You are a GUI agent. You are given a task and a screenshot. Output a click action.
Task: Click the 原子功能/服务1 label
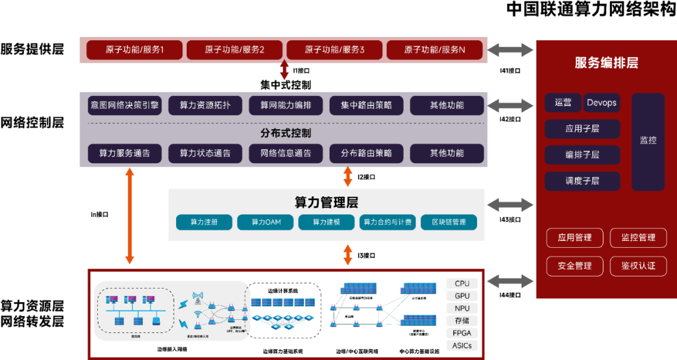click(x=134, y=50)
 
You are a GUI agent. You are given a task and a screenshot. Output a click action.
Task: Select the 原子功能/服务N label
click(x=434, y=50)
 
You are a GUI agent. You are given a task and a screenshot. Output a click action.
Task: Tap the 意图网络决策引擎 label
click(x=125, y=105)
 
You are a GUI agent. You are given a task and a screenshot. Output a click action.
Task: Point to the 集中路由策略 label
click(x=367, y=105)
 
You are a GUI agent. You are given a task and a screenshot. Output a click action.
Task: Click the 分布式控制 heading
click(x=286, y=133)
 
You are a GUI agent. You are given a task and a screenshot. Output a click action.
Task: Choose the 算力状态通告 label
click(x=205, y=153)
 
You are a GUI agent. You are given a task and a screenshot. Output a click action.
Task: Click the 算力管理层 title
click(x=326, y=203)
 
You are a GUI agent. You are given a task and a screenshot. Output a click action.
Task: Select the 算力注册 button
click(x=204, y=222)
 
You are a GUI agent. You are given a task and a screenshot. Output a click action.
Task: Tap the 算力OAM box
click(x=266, y=222)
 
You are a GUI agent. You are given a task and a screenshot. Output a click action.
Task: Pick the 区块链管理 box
click(x=448, y=222)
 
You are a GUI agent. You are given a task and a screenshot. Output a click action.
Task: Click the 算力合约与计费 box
click(x=387, y=222)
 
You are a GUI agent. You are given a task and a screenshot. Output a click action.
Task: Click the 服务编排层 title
click(x=606, y=63)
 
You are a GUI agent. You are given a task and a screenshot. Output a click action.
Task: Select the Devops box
click(x=602, y=103)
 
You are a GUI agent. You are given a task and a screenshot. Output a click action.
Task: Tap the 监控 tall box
click(x=648, y=141)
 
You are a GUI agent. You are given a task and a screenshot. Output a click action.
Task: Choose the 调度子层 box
click(x=582, y=181)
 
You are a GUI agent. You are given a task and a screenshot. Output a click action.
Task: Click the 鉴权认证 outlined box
click(x=638, y=266)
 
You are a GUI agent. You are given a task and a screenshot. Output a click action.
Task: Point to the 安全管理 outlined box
click(x=574, y=266)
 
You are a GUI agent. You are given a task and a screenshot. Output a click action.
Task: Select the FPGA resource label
click(x=462, y=333)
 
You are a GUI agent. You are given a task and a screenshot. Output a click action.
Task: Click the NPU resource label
click(x=462, y=309)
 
